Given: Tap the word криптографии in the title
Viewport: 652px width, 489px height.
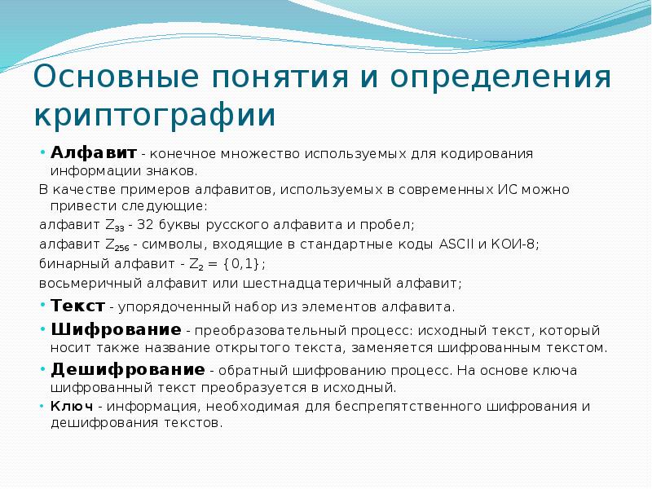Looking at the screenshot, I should coord(155,115).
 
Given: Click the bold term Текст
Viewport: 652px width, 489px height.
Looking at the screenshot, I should coord(77,306).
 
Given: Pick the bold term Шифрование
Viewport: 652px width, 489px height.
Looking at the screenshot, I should coord(116,330).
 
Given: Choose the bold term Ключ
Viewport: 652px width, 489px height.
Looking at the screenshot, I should coord(69,406).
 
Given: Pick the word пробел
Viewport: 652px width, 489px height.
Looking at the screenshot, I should coord(390,224).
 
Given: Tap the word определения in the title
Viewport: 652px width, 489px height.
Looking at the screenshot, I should coord(501,79).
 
